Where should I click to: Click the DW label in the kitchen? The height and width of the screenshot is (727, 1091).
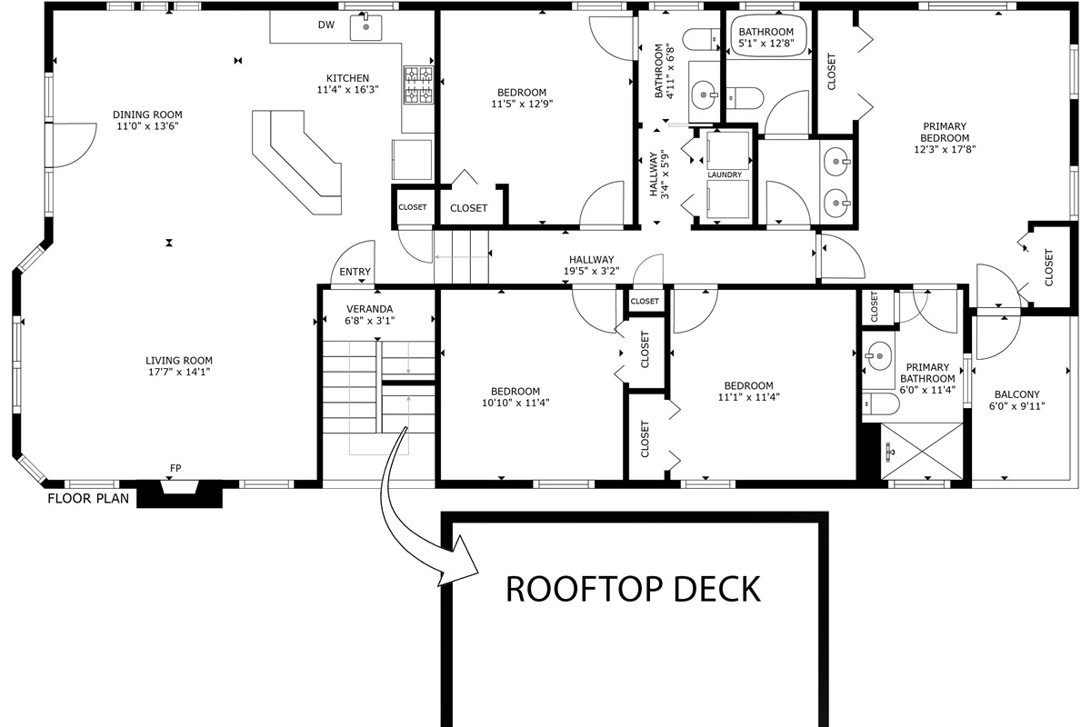(x=325, y=25)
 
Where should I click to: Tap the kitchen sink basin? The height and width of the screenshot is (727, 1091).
(x=365, y=27)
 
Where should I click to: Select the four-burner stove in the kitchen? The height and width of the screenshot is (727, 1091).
(x=418, y=85)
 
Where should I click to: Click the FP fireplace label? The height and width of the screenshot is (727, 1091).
(x=175, y=468)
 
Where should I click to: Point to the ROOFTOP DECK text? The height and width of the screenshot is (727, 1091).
(x=633, y=589)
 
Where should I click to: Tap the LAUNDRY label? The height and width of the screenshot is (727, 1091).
(x=725, y=174)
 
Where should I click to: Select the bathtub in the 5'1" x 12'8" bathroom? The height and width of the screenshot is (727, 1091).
(x=766, y=38)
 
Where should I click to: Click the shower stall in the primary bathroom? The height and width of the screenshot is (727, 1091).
(x=922, y=452)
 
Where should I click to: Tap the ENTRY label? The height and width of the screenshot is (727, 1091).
(x=355, y=272)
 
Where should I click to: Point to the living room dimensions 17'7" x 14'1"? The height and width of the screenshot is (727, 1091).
(x=179, y=372)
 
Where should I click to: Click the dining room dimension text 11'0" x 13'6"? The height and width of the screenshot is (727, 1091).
(x=147, y=126)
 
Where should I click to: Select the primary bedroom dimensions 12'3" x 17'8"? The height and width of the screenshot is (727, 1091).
(x=945, y=150)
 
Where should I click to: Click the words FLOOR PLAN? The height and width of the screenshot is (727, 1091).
(x=88, y=499)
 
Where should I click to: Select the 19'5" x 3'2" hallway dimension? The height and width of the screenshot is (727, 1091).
(x=592, y=271)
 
